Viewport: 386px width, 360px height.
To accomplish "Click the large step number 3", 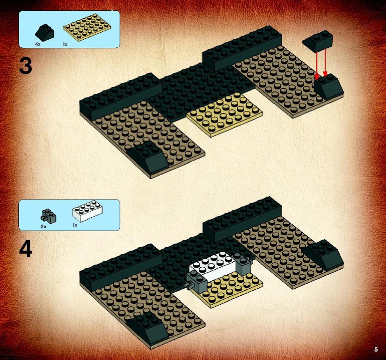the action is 26,66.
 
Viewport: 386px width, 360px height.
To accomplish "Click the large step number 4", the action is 26,250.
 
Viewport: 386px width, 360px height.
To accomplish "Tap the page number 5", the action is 376,349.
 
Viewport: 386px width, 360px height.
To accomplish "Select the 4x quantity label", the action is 38,44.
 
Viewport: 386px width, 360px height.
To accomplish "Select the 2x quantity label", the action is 44,227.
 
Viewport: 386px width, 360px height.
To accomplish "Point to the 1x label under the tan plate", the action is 65,44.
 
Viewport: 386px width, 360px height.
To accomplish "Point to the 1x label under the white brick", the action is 75,225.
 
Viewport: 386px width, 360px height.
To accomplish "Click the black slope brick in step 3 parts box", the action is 44,32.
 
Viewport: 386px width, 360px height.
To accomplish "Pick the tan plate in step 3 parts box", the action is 87,28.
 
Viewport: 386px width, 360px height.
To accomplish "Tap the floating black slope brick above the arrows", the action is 318,42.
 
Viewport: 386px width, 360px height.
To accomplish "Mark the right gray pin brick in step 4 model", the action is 243,264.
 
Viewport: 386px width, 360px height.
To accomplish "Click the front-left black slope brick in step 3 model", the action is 148,157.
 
